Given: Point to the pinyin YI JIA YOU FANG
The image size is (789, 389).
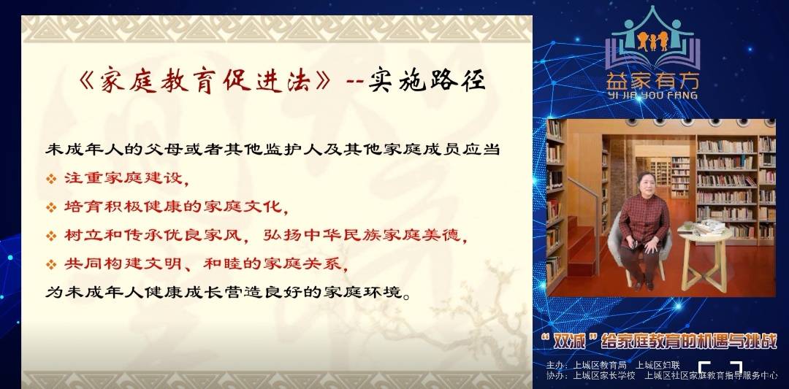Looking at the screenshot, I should click(652, 95).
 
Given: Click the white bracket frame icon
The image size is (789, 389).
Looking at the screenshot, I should click(720, 369).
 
